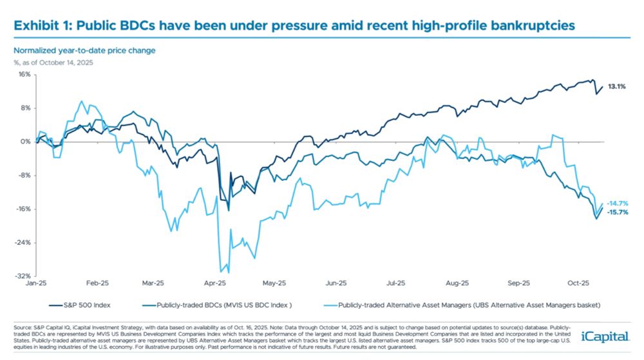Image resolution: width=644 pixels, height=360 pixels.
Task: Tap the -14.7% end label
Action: [x=618, y=203]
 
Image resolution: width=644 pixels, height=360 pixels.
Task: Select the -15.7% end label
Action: [x=618, y=212]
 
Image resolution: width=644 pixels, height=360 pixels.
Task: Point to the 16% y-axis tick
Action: [x=24, y=74]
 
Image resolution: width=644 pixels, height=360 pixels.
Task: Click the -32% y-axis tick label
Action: [x=23, y=276]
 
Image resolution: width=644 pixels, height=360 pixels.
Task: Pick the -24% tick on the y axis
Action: [x=23, y=243]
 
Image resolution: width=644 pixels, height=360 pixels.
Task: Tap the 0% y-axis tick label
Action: [x=26, y=142]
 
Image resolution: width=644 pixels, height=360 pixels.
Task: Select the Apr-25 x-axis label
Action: [x=215, y=283]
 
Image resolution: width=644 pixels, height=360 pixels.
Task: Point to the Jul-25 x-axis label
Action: [x=396, y=283]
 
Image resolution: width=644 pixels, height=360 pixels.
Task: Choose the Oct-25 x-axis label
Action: [x=578, y=283]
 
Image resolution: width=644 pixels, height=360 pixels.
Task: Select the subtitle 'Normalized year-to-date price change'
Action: [x=84, y=50]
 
